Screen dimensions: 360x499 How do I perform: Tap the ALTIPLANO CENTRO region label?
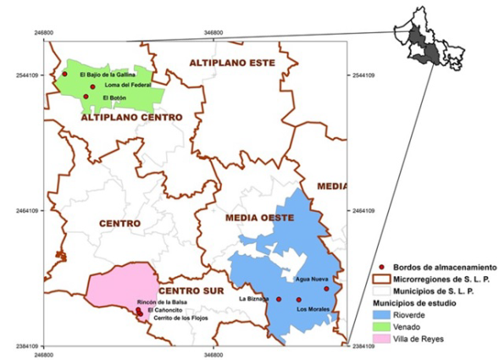pyautogui.click(x=121, y=118)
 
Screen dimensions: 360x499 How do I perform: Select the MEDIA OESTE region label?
pyautogui.click(x=258, y=218)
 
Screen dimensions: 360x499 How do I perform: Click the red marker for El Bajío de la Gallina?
pyautogui.click(x=64, y=74)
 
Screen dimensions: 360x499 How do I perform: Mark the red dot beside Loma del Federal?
pyautogui.click(x=92, y=86)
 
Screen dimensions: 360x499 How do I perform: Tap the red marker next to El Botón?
pyautogui.click(x=86, y=97)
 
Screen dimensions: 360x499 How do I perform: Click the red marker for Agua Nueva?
pyautogui.click(x=326, y=289)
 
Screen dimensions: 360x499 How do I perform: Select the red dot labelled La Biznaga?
pyautogui.click(x=279, y=299)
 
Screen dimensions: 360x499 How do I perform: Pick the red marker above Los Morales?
pyautogui.click(x=298, y=299)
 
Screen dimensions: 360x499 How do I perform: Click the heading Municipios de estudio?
pyautogui.click(x=415, y=302)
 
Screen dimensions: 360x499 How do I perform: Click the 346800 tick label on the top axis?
pyautogui.click(x=214, y=33)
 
